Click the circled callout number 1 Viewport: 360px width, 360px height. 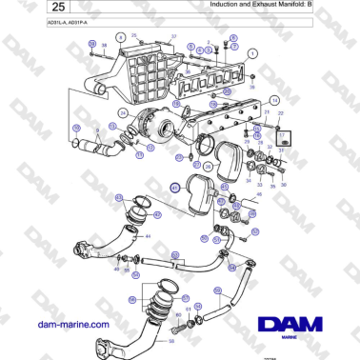pos(252,54)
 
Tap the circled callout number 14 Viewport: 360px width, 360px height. pos(275,99)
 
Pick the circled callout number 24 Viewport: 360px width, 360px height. pos(122,112)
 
